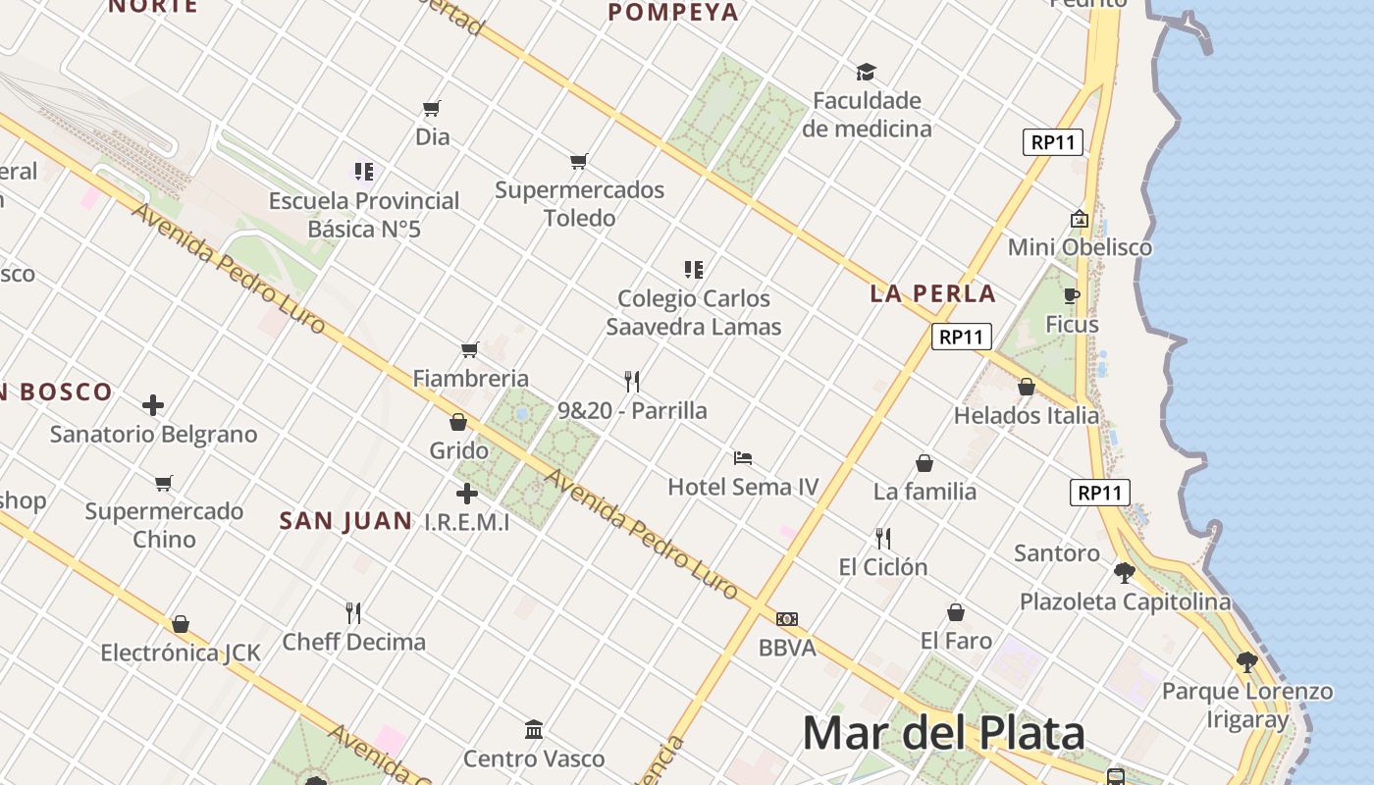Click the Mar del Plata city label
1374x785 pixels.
tap(943, 733)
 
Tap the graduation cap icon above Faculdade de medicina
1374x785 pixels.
tap(866, 72)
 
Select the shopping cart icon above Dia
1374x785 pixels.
tap(432, 108)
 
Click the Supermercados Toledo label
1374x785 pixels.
tap(579, 203)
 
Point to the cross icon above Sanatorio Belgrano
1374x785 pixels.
tap(153, 404)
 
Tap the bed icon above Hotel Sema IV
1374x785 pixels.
tap(743, 458)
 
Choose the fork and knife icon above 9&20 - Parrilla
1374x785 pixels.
tap(632, 382)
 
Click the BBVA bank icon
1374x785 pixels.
tap(787, 619)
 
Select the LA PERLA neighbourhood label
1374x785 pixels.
tap(932, 293)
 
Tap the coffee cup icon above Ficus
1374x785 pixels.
tap(1072, 295)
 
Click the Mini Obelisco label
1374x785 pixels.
tap(1080, 247)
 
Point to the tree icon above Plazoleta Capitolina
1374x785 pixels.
tap(1125, 573)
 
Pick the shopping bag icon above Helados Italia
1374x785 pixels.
tap(1027, 387)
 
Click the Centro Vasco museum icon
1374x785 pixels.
tap(534, 730)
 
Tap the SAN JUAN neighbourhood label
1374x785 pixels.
tap(345, 521)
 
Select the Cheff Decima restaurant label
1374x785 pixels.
tap(353, 642)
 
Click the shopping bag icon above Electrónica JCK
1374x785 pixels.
tap(181, 624)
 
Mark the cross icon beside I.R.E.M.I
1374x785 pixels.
tap(467, 494)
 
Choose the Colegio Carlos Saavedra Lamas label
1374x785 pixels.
tap(693, 312)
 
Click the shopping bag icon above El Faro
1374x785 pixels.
tap(956, 612)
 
